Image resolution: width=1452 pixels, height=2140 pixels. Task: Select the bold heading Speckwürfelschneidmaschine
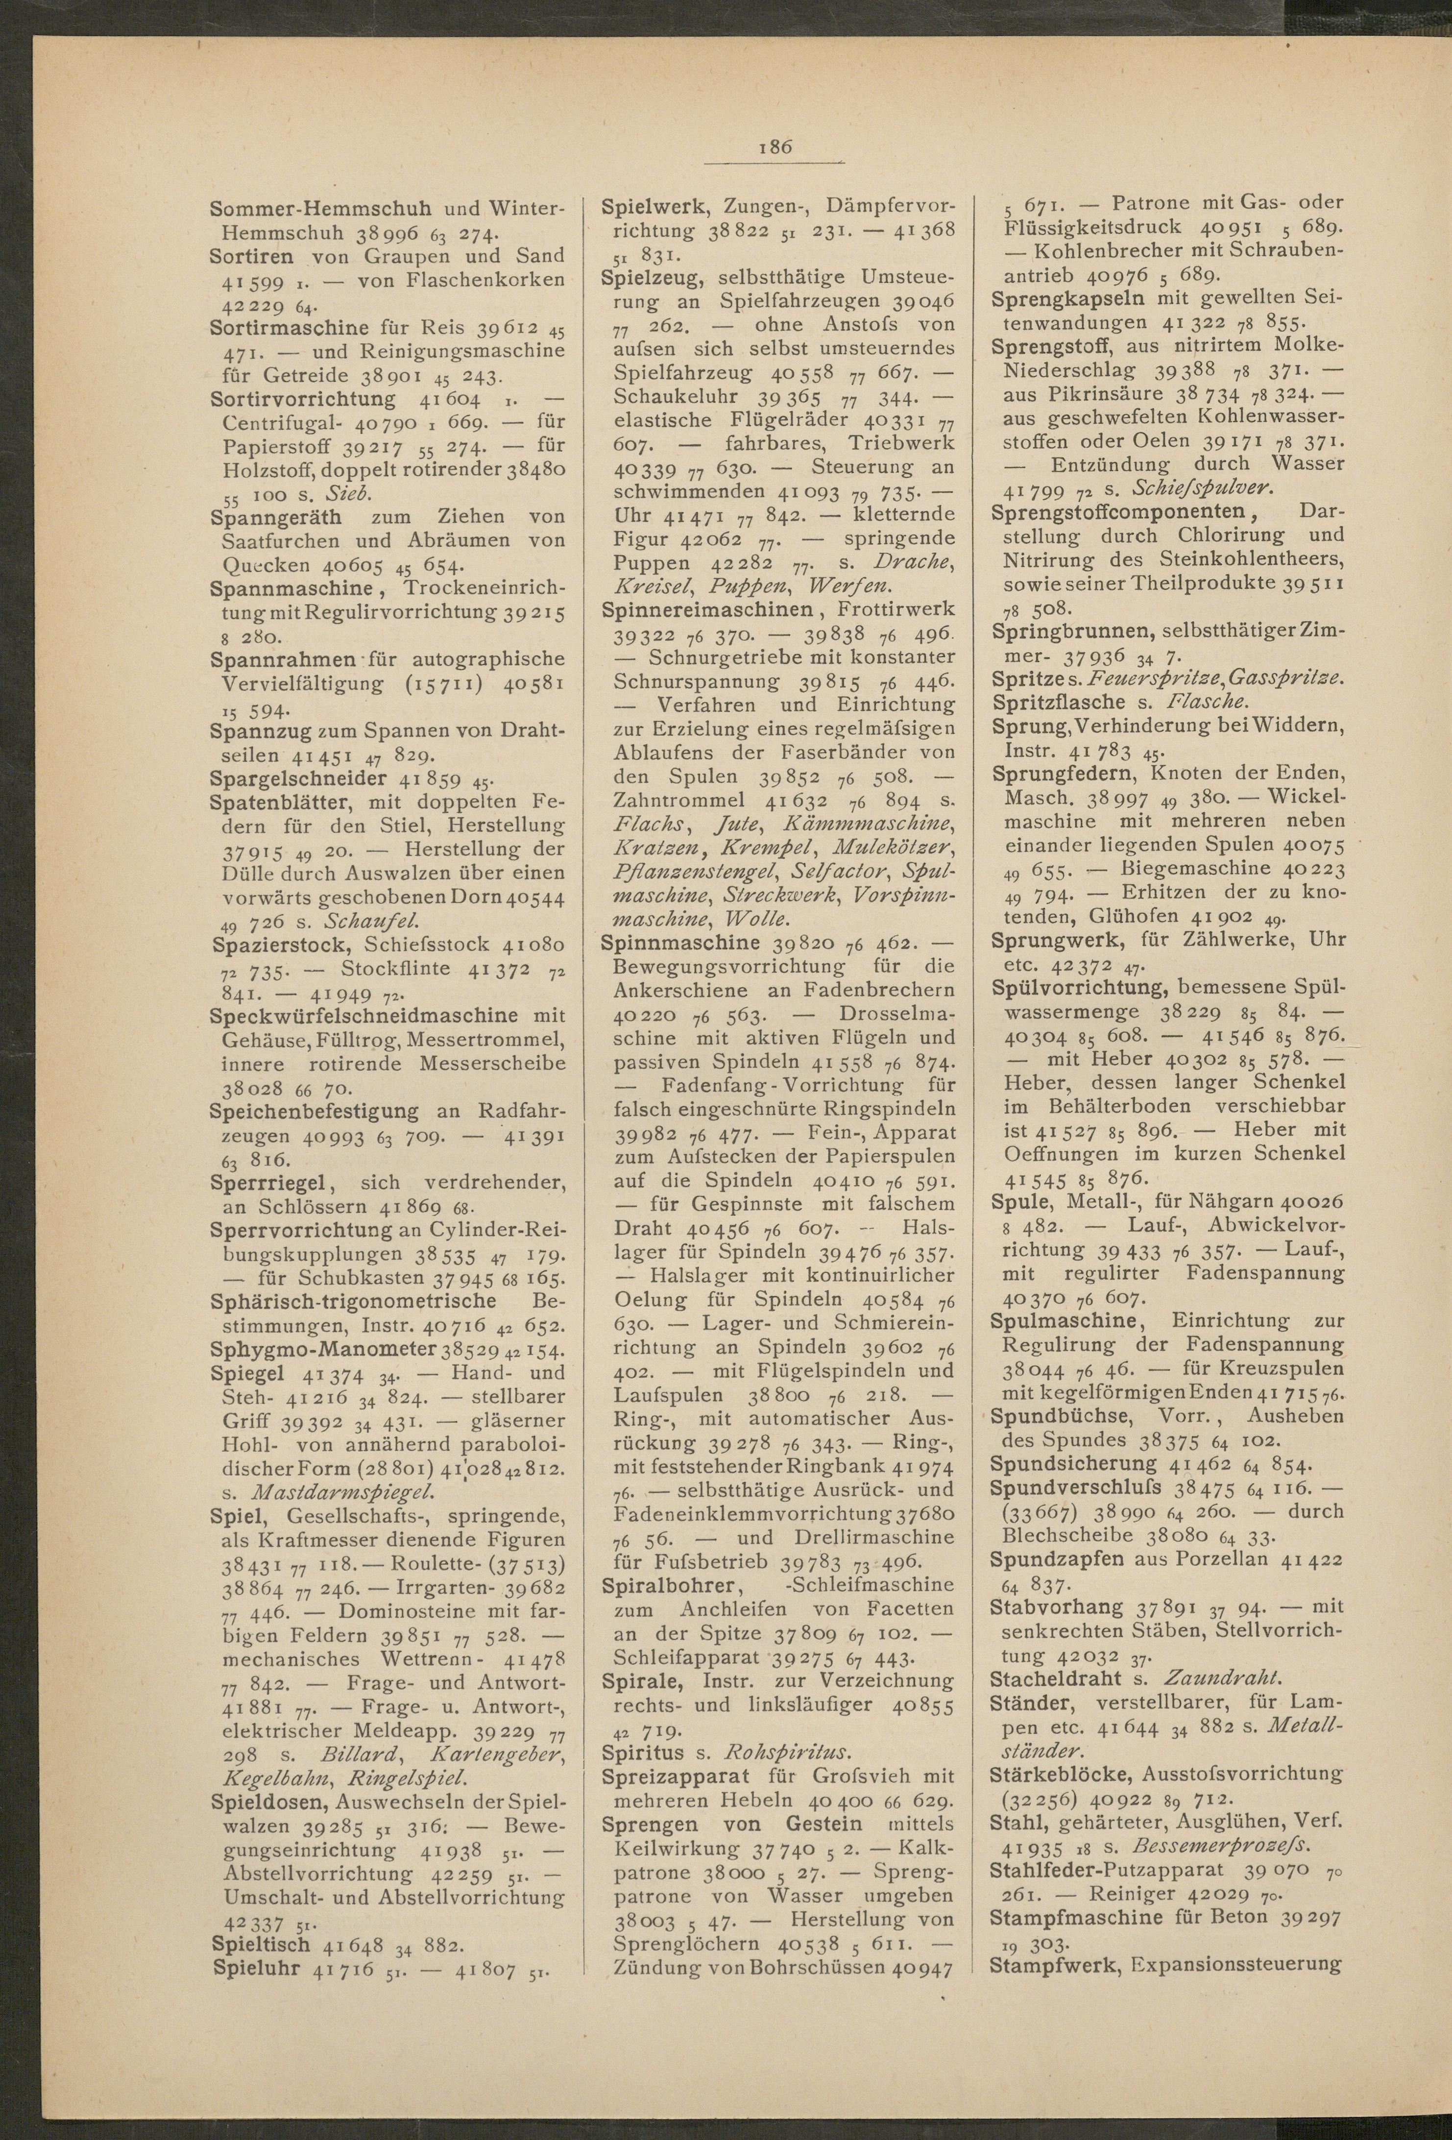point(363,1016)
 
